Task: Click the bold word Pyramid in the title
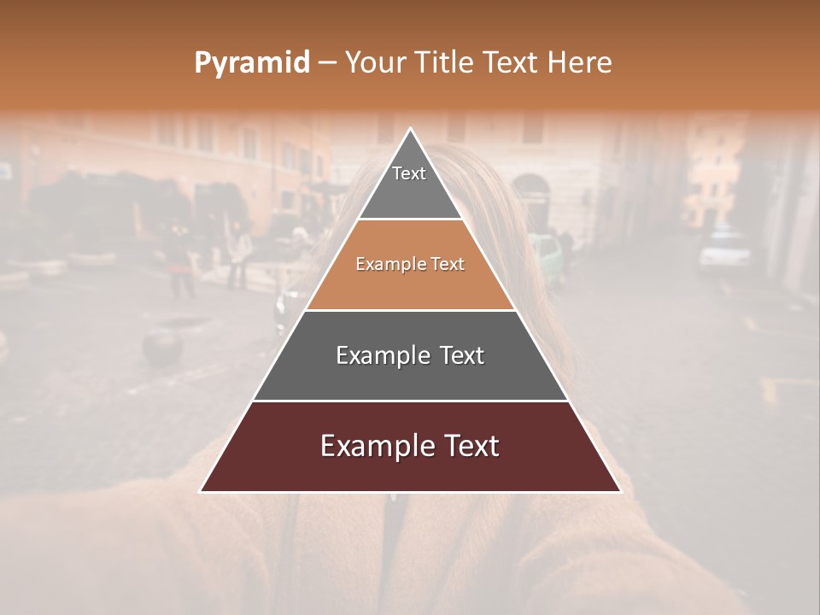coord(251,63)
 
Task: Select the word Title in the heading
coord(444,62)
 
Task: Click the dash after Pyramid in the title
coord(327,63)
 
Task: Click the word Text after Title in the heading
coord(511,62)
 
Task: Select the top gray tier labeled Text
coord(409,184)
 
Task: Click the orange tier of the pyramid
coord(410,265)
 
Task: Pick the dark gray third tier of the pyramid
coord(410,355)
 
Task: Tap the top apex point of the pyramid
coord(411,130)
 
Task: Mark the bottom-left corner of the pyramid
coord(202,491)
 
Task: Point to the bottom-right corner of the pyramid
coord(619,491)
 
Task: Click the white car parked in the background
coord(724,250)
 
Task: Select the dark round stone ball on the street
coord(162,348)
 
